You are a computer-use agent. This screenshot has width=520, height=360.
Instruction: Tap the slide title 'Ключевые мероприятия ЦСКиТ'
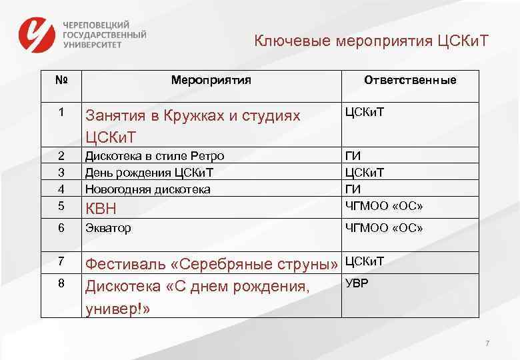pyautogui.click(x=371, y=41)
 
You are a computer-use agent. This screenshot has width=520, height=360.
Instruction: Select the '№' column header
pyautogui.click(x=61, y=80)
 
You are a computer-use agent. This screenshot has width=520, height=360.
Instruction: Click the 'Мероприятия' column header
pyautogui.click(x=211, y=80)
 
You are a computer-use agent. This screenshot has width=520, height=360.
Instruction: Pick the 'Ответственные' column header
pyautogui.click(x=410, y=80)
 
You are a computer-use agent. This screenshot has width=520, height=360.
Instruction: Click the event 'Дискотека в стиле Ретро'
pyautogui.click(x=154, y=156)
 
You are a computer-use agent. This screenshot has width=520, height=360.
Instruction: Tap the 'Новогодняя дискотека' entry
pyautogui.click(x=147, y=189)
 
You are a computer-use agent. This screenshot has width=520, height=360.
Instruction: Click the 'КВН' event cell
pyautogui.click(x=101, y=209)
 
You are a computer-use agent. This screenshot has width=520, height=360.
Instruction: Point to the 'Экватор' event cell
pyautogui.click(x=107, y=228)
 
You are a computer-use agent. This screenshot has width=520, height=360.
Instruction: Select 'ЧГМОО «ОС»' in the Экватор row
pyautogui.click(x=383, y=228)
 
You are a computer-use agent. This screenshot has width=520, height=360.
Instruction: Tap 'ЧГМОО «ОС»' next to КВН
pyautogui.click(x=383, y=204)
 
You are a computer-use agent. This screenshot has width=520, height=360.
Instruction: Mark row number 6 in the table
pyautogui.click(x=61, y=228)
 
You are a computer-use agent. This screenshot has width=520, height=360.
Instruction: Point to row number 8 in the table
pyautogui.click(x=61, y=283)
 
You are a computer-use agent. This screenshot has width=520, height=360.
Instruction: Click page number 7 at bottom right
pyautogui.click(x=487, y=343)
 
